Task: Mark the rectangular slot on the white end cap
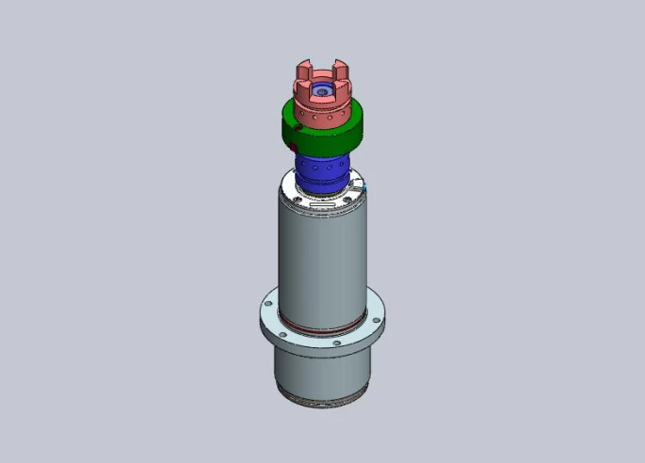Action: [x=324, y=205]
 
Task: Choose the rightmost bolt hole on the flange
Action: [x=379, y=317]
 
